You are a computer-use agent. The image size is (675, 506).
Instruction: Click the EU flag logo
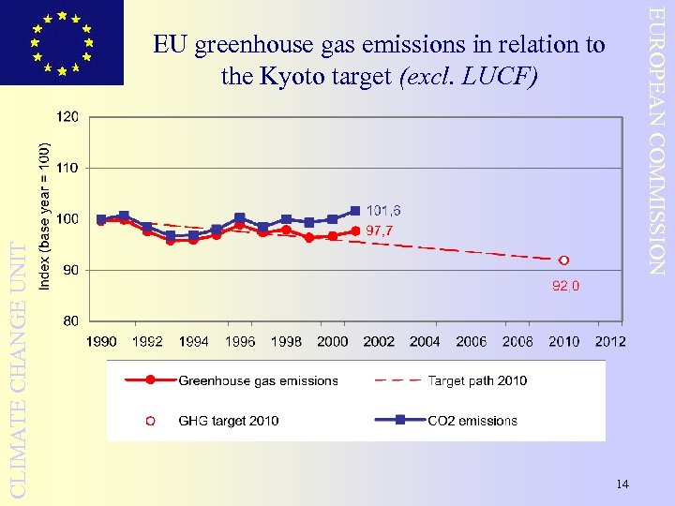pyautogui.click(x=62, y=42)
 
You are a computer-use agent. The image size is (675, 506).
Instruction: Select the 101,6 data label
pyautogui.click(x=383, y=210)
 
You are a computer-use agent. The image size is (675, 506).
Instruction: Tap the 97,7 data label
pyautogui.click(x=383, y=230)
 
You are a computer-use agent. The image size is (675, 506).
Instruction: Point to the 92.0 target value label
pyautogui.click(x=564, y=286)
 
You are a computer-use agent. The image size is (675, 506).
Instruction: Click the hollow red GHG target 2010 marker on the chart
pyautogui.click(x=563, y=260)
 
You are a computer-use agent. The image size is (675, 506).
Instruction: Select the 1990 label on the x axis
pyautogui.click(x=101, y=342)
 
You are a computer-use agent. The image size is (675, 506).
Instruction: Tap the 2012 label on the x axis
pyautogui.click(x=610, y=342)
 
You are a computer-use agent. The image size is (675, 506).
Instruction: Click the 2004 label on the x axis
pyautogui.click(x=425, y=342)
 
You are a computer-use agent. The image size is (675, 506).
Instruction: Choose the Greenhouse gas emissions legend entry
pyautogui.click(x=258, y=380)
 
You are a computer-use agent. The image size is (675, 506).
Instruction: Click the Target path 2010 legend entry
pyautogui.click(x=477, y=380)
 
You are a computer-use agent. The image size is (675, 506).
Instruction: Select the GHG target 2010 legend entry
pyautogui.click(x=228, y=421)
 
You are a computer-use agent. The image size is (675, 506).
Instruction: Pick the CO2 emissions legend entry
pyautogui.click(x=472, y=421)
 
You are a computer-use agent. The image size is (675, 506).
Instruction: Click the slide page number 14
pyautogui.click(x=622, y=484)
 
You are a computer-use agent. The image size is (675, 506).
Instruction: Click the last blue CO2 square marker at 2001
pyautogui.click(x=355, y=211)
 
